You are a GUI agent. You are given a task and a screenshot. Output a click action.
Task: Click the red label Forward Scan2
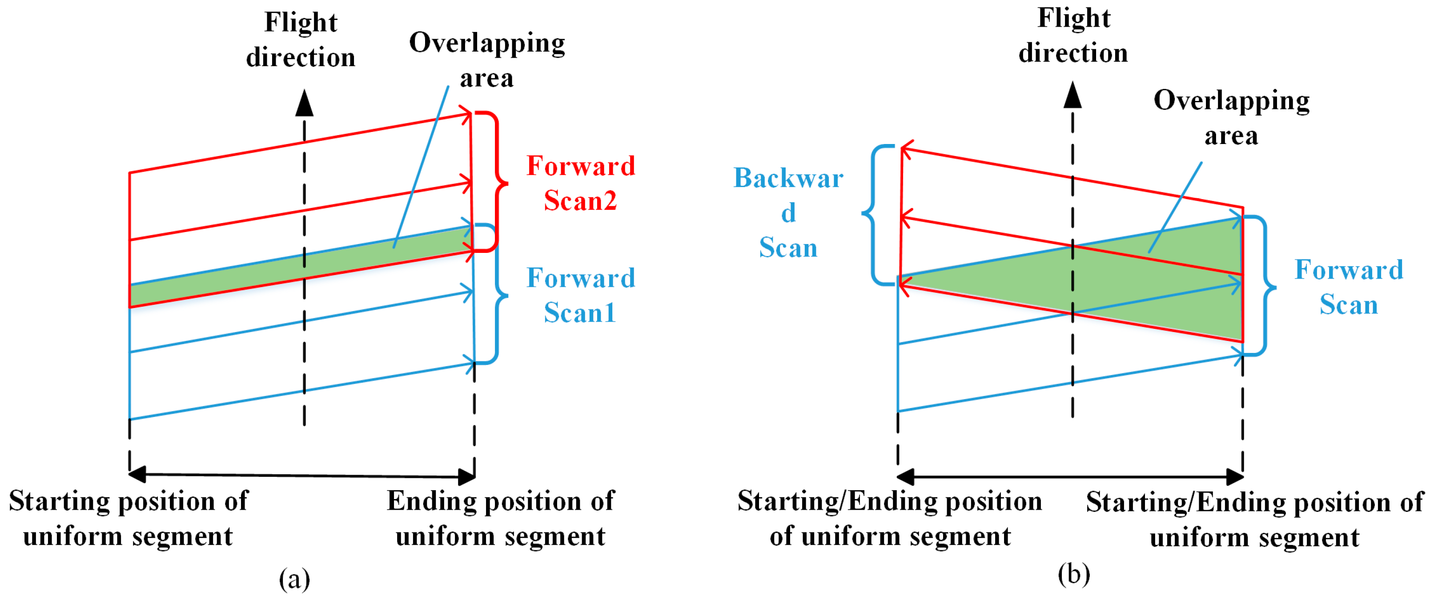(x=581, y=183)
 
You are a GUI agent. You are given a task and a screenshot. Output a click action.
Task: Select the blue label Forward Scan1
(x=581, y=295)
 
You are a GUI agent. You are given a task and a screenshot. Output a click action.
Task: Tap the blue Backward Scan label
(x=788, y=212)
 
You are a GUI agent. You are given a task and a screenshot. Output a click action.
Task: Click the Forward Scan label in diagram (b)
(x=1349, y=287)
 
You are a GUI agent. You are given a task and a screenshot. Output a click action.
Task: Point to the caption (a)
(x=294, y=579)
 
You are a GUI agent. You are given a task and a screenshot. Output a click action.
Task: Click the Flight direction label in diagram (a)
(x=301, y=40)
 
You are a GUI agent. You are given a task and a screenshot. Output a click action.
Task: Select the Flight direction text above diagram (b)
(x=1073, y=36)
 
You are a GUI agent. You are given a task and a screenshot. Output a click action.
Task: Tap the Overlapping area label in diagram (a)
(x=487, y=60)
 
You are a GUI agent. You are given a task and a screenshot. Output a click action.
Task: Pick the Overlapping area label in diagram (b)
(x=1231, y=118)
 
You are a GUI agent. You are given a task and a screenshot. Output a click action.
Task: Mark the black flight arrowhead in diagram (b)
(x=1072, y=95)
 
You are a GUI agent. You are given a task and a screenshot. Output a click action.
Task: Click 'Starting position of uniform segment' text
(x=128, y=518)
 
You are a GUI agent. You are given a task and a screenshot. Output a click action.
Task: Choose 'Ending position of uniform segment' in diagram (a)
(x=501, y=518)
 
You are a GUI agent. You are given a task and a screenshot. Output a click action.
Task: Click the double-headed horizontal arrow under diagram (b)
(x=1070, y=476)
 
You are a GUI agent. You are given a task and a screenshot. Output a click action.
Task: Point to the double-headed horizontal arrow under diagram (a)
(x=302, y=475)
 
